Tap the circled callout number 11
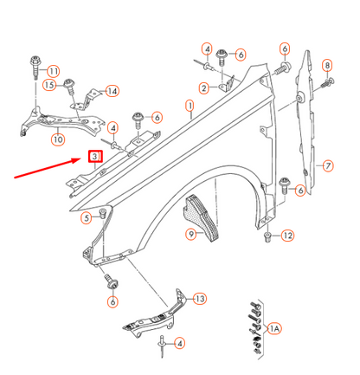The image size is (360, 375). pyautogui.click(x=54, y=70)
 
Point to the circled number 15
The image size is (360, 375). pyautogui.click(x=50, y=85)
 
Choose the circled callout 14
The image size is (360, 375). pyautogui.click(x=112, y=91)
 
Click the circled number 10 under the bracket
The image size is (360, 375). pyautogui.click(x=58, y=138)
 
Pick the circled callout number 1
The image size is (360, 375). pyautogui.click(x=189, y=107)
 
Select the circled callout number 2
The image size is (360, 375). pyautogui.click(x=202, y=87)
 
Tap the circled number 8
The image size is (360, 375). pyautogui.click(x=327, y=66)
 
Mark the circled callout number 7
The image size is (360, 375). pyautogui.click(x=327, y=165)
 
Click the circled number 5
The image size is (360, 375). pyautogui.click(x=87, y=218)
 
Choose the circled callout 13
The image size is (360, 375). pyautogui.click(x=200, y=299)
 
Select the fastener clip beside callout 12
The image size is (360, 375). pyautogui.click(x=269, y=236)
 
